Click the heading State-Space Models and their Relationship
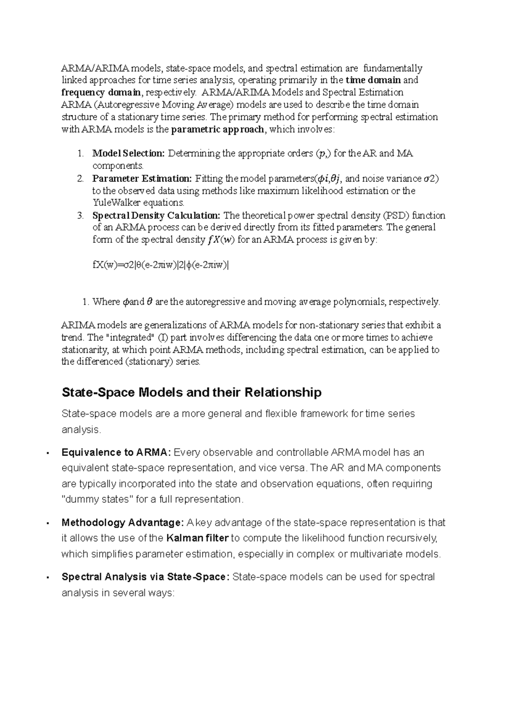pos(191,392)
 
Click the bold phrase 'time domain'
pos(373,80)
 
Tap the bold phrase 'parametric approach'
pos(217,129)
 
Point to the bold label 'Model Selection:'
pos(128,153)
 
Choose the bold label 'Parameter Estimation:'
pos(142,178)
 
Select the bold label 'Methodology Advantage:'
pos(122,523)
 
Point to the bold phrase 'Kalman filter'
pos(198,538)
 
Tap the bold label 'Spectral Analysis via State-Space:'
pos(145,577)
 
